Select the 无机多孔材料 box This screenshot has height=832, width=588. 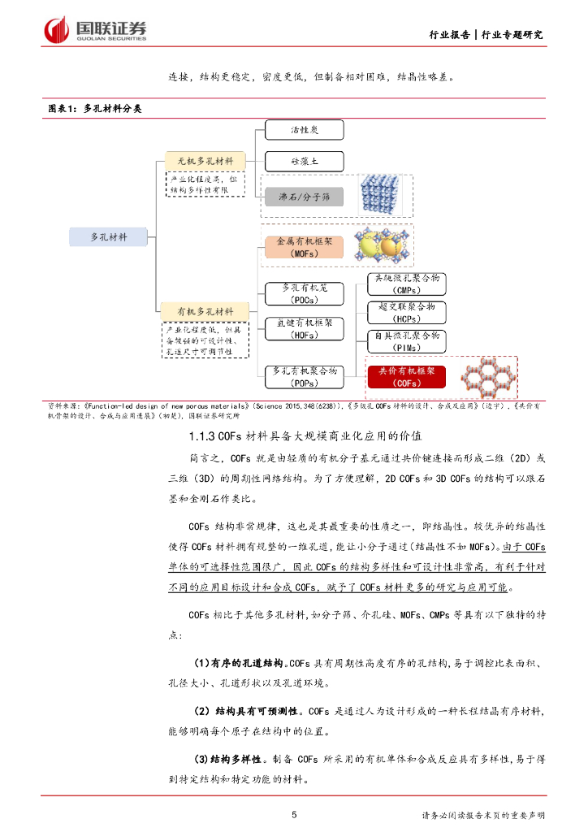coord(205,161)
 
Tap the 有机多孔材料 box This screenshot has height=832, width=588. coord(205,312)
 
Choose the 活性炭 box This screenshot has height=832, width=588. coord(305,129)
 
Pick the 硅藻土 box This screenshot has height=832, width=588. coord(305,162)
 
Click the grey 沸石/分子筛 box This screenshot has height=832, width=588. coord(305,197)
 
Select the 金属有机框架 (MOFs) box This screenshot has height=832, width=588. coord(305,247)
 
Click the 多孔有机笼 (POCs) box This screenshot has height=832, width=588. coord(305,292)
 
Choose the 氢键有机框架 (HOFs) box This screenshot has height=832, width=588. coord(305,328)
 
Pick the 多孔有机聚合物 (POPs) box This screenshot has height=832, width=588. coord(305,376)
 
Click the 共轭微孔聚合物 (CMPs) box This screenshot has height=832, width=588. coord(406,284)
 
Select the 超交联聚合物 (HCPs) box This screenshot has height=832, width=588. coord(406,312)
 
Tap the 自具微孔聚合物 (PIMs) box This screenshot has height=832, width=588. coord(406,340)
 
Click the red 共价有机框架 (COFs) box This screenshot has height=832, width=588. coord(406,376)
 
